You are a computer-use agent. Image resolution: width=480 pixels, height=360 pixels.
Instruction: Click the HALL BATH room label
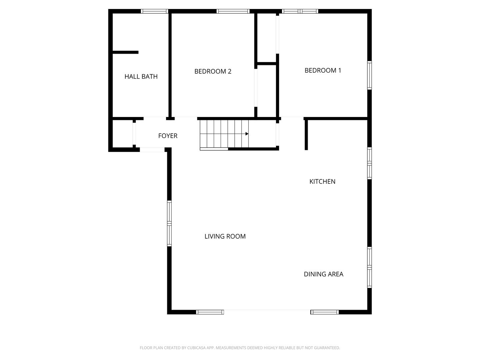point(141,76)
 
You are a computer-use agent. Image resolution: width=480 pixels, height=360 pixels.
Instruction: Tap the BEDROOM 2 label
point(213,71)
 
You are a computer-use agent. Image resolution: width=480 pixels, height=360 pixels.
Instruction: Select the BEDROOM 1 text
point(323,70)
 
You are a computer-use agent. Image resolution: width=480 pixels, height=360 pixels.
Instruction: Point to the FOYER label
point(168,136)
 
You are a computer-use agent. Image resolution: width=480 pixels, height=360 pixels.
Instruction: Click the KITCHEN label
point(322,181)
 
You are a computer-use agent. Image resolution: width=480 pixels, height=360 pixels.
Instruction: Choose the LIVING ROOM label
point(225,236)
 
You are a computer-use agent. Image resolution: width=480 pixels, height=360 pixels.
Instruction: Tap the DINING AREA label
point(323,274)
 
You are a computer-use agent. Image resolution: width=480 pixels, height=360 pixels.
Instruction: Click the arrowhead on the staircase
point(247,134)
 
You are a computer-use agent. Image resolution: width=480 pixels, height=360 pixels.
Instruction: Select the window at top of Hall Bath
point(154,11)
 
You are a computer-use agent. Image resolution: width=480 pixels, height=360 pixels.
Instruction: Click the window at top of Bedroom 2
point(233,11)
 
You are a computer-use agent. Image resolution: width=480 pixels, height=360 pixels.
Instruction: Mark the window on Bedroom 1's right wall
point(369,75)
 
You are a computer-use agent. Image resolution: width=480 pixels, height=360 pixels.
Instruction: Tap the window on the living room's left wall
point(169,223)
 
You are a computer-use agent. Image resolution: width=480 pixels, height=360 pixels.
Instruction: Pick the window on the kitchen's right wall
point(369,163)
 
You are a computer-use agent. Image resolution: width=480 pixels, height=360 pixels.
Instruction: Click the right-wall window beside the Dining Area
point(369,267)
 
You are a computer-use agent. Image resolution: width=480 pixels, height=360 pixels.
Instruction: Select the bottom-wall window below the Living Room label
point(210,312)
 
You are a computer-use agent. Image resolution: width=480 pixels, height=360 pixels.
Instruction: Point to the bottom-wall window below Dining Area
point(325,312)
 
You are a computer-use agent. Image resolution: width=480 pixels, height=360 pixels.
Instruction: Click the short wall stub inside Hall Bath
point(125,52)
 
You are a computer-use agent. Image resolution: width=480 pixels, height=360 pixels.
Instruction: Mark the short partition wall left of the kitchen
point(306,135)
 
